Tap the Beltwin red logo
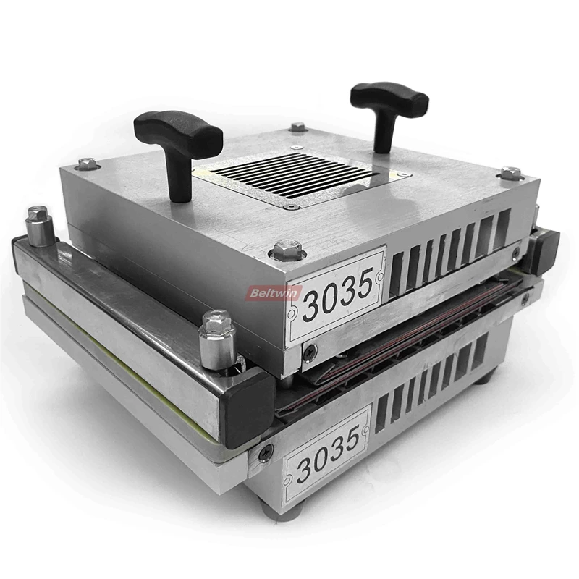274,294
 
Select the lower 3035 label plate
325,456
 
